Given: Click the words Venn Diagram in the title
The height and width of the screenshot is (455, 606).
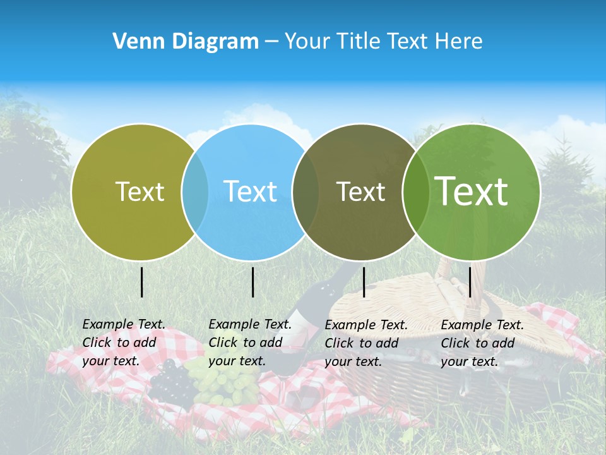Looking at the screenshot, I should coord(186,42).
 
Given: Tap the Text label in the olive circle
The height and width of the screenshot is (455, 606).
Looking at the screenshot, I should coord(140,191).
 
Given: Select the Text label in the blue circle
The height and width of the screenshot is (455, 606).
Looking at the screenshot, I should coord(251,191).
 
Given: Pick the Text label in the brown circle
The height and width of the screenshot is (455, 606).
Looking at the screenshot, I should coord(360,191).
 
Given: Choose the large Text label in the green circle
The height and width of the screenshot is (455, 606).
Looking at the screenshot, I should coord(472,191).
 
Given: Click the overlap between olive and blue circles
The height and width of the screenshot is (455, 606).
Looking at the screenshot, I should coord(195,191).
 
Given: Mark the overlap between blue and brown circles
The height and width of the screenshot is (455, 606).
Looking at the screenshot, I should coord(306,191).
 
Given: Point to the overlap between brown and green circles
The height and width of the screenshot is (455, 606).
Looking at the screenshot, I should coord(415,191).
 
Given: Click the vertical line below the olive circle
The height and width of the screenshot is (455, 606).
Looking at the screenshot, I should coord(142,282).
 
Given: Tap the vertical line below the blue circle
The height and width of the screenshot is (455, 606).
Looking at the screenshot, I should coord(252,282).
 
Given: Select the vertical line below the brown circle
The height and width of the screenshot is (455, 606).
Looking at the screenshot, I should coord(364,282).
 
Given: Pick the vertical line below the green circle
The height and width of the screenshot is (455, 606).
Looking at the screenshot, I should coord(470,282).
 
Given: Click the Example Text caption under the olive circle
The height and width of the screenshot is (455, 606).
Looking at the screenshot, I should coord(123,343).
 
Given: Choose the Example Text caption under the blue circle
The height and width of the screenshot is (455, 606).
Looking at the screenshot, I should coord(249,343).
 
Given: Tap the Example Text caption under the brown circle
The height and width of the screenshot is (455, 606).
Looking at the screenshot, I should coord(365,343).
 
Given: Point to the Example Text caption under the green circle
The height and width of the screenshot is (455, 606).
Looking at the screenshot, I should coord(482,343).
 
